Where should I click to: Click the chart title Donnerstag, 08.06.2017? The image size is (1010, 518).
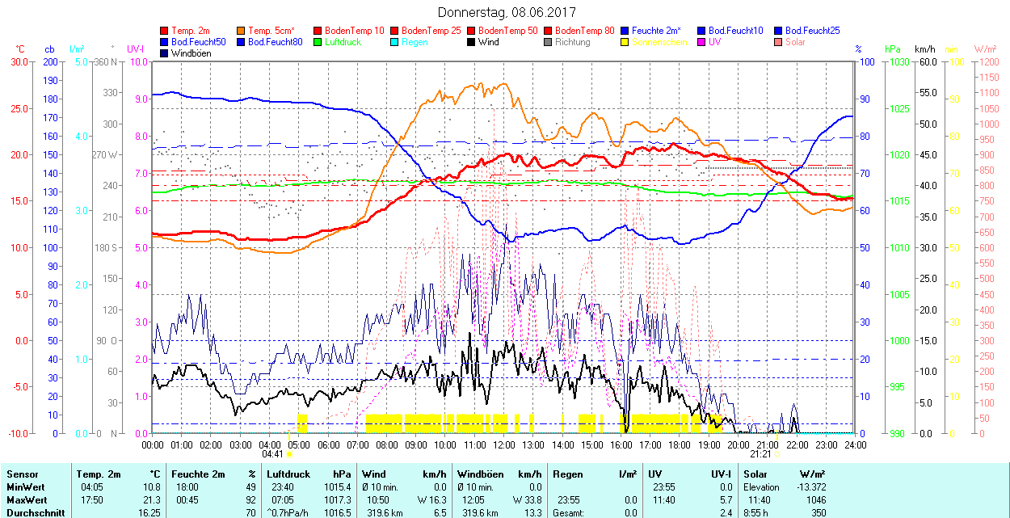(x=505, y=12)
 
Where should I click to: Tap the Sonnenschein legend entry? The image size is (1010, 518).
(x=659, y=42)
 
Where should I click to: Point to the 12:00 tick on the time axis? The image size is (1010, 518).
(x=504, y=444)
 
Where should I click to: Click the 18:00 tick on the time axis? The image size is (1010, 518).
(x=680, y=444)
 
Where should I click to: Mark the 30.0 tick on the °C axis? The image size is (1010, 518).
(x=19, y=61)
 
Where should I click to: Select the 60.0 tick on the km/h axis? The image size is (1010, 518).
(x=926, y=61)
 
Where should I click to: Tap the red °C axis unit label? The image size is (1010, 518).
(x=20, y=49)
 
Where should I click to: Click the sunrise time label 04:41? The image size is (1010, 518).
(x=273, y=454)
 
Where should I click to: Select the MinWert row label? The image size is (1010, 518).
(x=25, y=487)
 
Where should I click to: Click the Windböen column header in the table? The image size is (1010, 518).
(x=482, y=474)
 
